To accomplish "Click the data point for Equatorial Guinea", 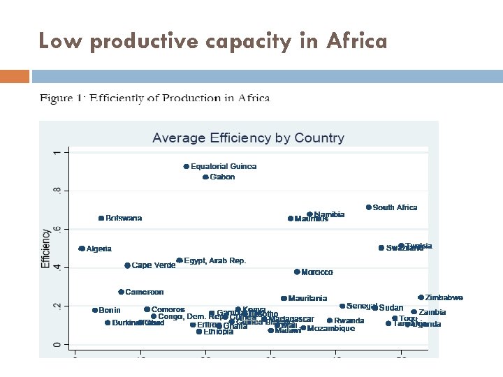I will (187, 167).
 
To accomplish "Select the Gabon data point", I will (205, 177).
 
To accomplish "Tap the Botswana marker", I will (101, 219).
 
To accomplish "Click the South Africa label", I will (395, 207).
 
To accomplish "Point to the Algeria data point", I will (82, 249).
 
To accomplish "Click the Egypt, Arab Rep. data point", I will (180, 260).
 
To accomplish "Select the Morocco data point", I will (297, 272).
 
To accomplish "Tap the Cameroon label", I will (144, 292).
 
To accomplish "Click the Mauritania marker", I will (284, 298).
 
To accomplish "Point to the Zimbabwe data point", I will (421, 297).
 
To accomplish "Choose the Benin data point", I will (95, 310).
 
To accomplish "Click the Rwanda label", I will (349, 320).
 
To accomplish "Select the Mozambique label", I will (331, 328).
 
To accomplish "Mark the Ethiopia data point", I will (199, 332).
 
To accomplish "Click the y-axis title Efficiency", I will (46, 249).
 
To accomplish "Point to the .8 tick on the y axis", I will (57, 191).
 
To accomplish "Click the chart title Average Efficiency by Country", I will (248, 138).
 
